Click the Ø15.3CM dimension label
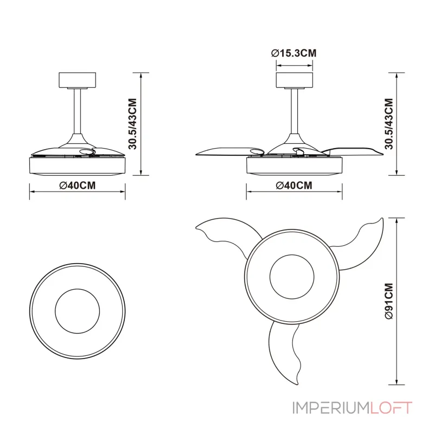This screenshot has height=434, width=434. (x=293, y=53)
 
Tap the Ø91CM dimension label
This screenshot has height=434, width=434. (x=389, y=301)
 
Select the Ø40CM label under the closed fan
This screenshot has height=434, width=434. (x=78, y=186)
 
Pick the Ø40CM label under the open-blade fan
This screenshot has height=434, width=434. (x=294, y=186)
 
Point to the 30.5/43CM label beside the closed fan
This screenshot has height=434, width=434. (x=133, y=124)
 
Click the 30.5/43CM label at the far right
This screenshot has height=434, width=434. (x=389, y=124)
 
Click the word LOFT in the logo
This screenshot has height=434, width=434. (x=391, y=408)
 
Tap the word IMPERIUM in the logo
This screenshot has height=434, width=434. (x=331, y=408)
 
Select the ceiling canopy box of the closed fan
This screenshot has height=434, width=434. (x=78, y=80)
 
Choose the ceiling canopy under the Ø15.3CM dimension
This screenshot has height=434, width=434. (x=294, y=80)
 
